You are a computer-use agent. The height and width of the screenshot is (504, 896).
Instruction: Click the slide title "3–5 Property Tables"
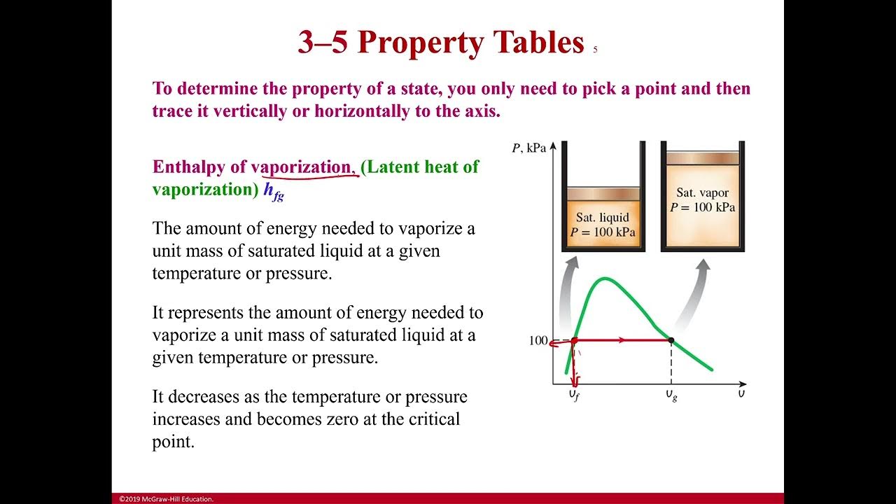click(x=440, y=43)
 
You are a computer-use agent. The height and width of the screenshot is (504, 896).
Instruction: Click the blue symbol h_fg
click(x=274, y=191)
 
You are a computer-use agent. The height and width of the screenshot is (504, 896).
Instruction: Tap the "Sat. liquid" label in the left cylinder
click(x=602, y=218)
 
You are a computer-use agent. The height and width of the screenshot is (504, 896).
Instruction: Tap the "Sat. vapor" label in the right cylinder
click(x=702, y=192)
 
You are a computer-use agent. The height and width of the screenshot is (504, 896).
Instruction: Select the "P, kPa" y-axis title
click(x=528, y=148)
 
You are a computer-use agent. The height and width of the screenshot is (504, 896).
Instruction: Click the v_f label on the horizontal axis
click(x=573, y=395)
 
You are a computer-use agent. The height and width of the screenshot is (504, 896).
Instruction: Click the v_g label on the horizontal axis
click(x=671, y=395)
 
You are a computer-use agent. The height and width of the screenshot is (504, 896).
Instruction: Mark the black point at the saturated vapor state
click(x=671, y=341)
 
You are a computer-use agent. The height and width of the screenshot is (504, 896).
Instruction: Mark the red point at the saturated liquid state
click(x=574, y=341)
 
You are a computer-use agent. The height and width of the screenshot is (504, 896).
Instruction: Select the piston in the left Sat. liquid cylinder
click(x=603, y=193)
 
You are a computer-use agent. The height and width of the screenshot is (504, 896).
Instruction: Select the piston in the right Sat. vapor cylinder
click(x=702, y=158)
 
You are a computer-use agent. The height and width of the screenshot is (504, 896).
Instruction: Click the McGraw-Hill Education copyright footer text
click(x=166, y=499)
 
